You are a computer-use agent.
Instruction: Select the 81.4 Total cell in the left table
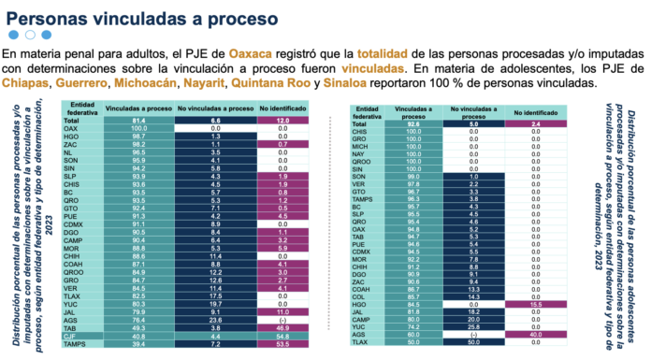(x=138, y=122)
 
